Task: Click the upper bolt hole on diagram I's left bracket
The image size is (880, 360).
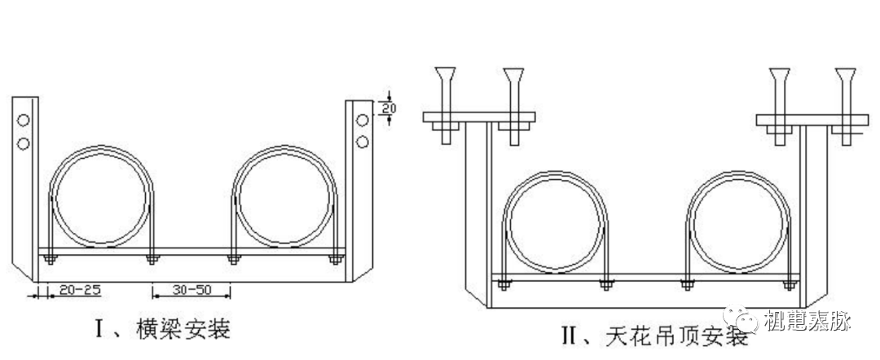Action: click(x=24, y=121)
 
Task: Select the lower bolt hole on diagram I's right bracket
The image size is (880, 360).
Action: click(x=362, y=143)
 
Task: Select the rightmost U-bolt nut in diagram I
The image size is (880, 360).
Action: click(x=334, y=260)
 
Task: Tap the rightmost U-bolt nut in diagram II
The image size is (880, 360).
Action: click(x=788, y=285)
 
